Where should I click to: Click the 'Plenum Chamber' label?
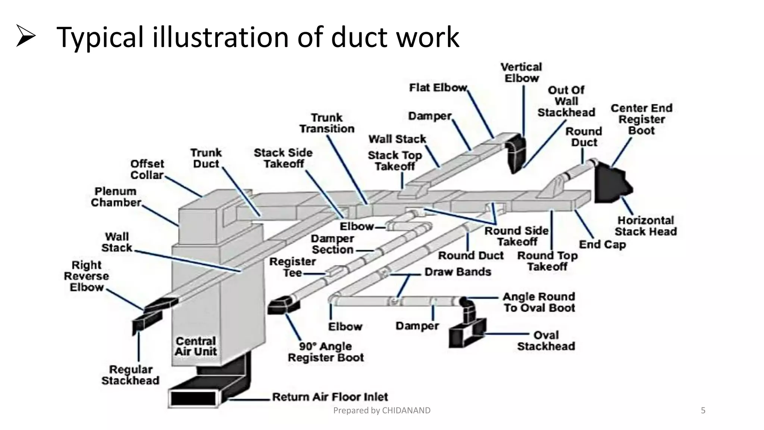tap(116, 197)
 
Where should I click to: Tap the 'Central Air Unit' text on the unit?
tap(195, 346)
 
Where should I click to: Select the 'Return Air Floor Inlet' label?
tap(330, 396)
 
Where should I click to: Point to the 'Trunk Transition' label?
tap(327, 123)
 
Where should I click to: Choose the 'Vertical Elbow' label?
tap(521, 73)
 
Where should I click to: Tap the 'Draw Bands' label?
tap(458, 272)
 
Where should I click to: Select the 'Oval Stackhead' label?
tap(546, 340)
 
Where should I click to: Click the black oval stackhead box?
tap(466, 336)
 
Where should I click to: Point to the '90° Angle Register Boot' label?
tap(326, 352)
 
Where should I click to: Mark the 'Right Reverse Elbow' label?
tap(87, 276)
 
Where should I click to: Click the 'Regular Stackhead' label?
tap(130, 375)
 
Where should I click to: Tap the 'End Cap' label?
tap(602, 244)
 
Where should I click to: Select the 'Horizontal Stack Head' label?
tap(645, 226)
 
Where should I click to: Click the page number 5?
tap(703, 411)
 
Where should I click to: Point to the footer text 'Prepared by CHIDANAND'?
tap(382, 411)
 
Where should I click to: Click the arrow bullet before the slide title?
tap(26, 36)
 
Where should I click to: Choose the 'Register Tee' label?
tap(292, 267)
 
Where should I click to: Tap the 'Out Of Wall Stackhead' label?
tap(566, 101)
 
